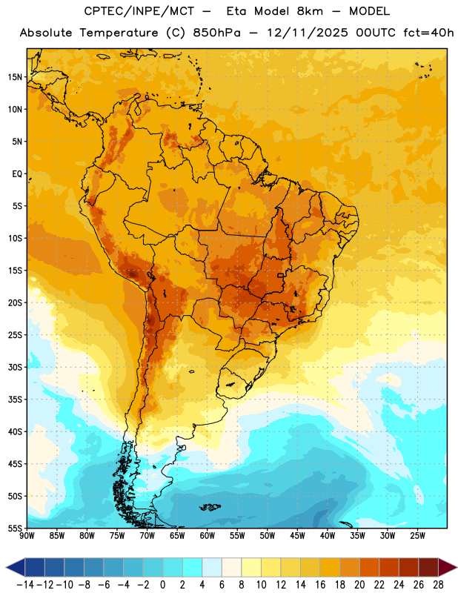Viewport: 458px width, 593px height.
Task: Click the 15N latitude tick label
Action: point(15,77)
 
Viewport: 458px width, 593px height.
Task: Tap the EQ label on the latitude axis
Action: point(17,174)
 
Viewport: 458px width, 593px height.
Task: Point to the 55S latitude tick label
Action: point(15,528)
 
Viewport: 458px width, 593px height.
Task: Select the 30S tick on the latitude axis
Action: point(15,367)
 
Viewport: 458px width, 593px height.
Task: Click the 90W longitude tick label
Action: point(27,535)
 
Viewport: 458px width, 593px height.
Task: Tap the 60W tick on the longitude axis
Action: point(208,535)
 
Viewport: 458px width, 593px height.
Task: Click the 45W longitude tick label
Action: point(297,535)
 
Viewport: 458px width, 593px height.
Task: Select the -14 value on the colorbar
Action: point(25,585)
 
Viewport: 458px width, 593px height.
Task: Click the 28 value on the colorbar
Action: point(438,585)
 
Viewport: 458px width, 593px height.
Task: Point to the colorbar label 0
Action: point(162,585)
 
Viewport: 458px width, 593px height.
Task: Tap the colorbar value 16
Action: point(320,585)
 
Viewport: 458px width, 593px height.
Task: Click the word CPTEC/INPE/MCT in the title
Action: point(139,11)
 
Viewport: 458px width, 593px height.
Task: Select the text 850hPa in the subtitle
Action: point(216,33)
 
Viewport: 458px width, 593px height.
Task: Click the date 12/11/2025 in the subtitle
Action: point(308,33)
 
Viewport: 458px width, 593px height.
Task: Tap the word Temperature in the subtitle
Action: point(119,33)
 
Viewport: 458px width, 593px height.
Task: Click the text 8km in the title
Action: point(310,11)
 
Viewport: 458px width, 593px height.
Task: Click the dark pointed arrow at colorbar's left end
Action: point(16,567)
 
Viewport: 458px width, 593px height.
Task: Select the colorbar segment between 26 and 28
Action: point(428,567)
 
